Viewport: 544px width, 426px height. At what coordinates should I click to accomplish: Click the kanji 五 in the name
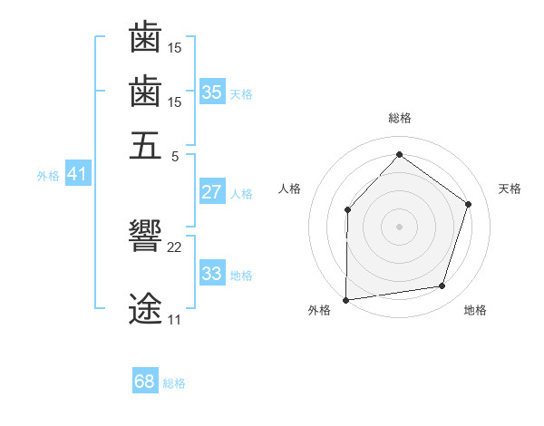(145, 145)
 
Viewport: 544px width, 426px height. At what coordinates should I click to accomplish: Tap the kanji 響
(145, 237)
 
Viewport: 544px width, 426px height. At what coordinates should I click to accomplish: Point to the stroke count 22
(175, 247)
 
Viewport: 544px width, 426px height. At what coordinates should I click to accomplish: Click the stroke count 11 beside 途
(174, 320)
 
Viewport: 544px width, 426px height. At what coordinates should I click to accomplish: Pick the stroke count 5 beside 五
(174, 155)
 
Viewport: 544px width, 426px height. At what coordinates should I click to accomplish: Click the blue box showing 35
(212, 92)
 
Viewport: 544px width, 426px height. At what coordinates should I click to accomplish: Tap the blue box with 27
(212, 192)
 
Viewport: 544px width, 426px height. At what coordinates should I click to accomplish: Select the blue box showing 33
(212, 274)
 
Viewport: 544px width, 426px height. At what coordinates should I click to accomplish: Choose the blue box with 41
(77, 174)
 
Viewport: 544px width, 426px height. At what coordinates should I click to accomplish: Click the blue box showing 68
(145, 382)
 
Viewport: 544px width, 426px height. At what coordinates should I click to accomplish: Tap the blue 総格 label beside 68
(174, 383)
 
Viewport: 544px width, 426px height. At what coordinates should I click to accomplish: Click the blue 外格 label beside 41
(48, 176)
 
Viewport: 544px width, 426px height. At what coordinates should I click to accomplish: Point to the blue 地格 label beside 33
(241, 275)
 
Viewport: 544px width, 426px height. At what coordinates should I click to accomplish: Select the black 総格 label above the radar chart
(399, 118)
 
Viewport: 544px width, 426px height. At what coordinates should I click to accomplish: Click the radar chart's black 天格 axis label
(510, 189)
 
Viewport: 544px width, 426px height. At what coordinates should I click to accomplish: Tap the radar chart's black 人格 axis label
(290, 189)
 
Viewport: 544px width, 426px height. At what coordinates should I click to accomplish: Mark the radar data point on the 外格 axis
(346, 299)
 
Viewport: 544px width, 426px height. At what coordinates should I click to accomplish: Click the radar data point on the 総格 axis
(399, 155)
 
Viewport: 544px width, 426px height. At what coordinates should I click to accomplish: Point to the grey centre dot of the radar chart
(399, 227)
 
